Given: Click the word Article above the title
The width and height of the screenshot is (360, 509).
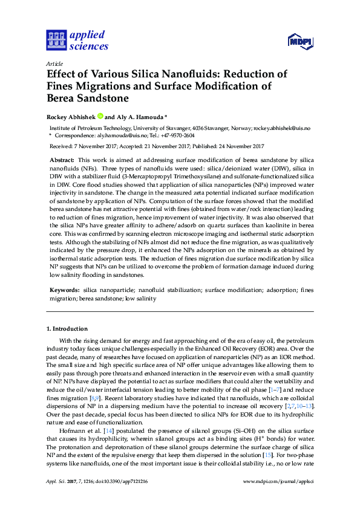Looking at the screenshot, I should click(54, 63).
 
